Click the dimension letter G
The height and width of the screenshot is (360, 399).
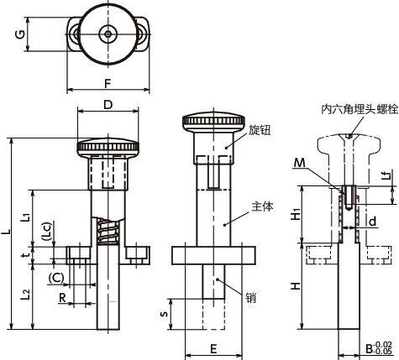tap(20, 34)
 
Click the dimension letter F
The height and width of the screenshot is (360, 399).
tap(108, 84)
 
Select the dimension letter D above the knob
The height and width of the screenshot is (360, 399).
tap(108, 105)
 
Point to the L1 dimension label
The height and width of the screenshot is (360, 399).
tap(25, 217)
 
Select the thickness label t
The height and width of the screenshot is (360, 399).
tap(27, 255)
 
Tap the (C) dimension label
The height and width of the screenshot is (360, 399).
tap(56, 278)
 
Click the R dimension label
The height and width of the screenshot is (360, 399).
tap(62, 298)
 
